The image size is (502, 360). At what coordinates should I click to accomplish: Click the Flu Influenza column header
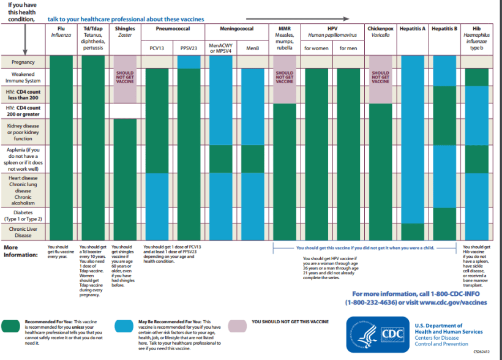(x=61, y=32)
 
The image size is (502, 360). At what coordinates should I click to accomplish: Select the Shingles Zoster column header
(x=125, y=32)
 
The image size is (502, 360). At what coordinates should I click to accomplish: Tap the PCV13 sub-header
(x=157, y=47)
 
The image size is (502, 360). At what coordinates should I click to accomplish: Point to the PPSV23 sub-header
(x=189, y=47)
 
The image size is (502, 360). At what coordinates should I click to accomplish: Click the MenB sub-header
(x=253, y=47)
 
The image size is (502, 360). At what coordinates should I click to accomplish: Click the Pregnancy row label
(x=23, y=62)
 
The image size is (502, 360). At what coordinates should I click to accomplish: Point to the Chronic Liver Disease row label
(x=24, y=231)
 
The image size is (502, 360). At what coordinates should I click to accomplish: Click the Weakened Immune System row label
(x=24, y=77)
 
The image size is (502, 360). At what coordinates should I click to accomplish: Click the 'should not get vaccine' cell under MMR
(x=285, y=79)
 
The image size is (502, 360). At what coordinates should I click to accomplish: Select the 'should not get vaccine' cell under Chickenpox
(x=380, y=79)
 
